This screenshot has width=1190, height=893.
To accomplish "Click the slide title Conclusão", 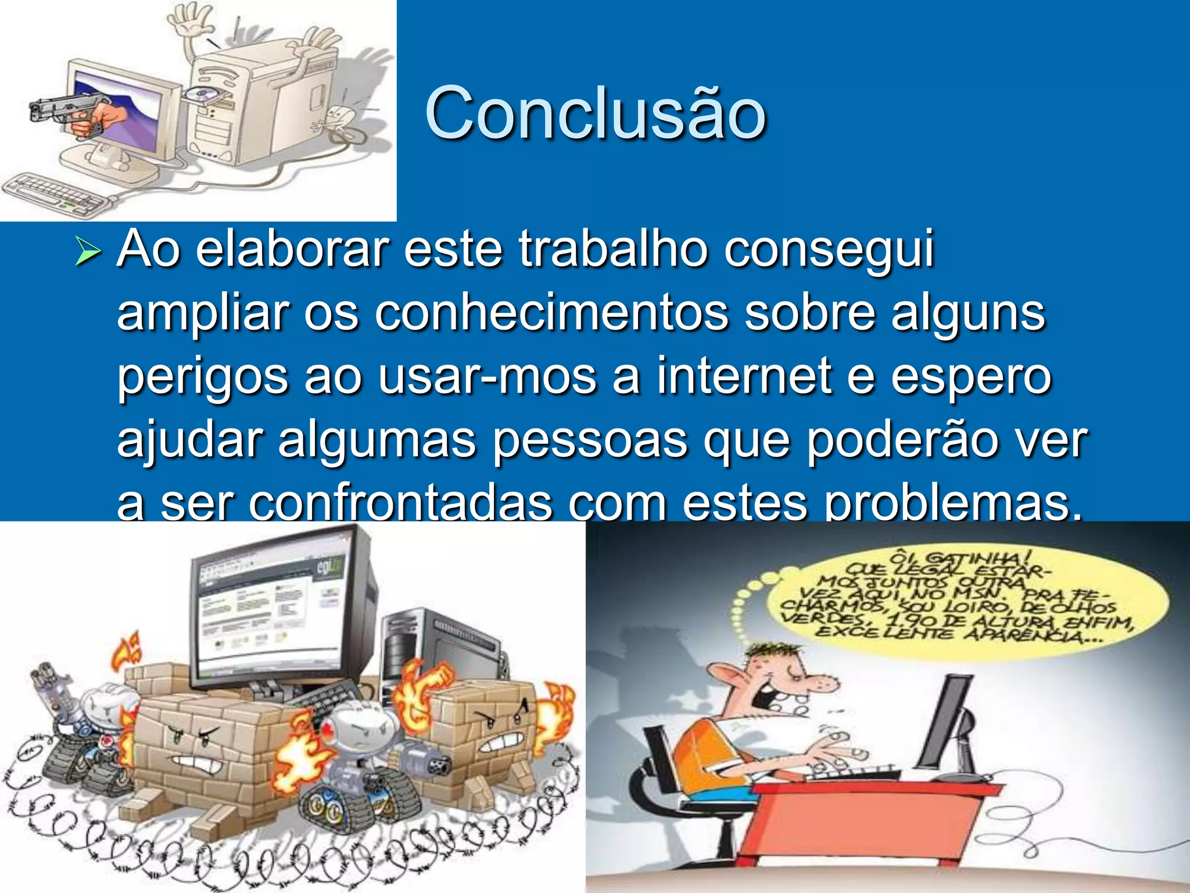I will point(596,113).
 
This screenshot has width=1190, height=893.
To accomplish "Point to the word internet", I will point(744,377).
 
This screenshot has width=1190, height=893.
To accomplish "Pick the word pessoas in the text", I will point(590,441).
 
